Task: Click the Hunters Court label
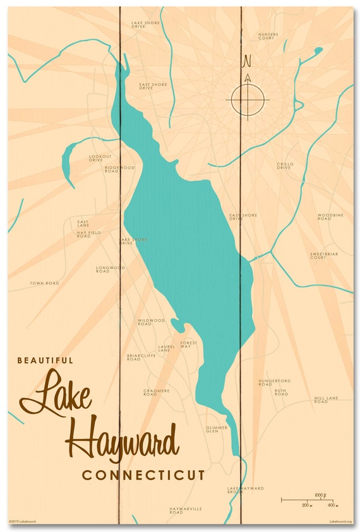pyautogui.click(x=268, y=36)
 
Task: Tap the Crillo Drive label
pyautogui.click(x=284, y=166)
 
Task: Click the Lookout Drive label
pyautogui.click(x=100, y=158)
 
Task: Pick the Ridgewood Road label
pyautogui.click(x=119, y=169)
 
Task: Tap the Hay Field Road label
pyautogui.click(x=88, y=234)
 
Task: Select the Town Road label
pyautogui.click(x=44, y=283)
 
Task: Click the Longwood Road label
pyautogui.click(x=111, y=269)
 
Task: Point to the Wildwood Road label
pyautogui.click(x=151, y=322)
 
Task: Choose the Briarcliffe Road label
pyautogui.click(x=141, y=357)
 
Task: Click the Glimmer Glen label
pyautogui.click(x=212, y=429)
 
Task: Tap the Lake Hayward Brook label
pyautogui.click(x=246, y=490)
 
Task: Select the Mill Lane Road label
pyautogui.click(x=326, y=400)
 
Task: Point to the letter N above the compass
pyautogui.click(x=247, y=61)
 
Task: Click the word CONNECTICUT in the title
pyautogui.click(x=143, y=475)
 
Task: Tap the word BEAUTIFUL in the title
pyautogui.click(x=45, y=360)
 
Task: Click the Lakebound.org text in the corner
pyautogui.click(x=340, y=521)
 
